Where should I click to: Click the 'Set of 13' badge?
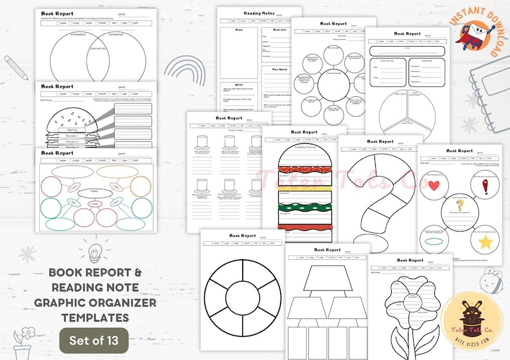tap(94, 339)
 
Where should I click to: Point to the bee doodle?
tap(486, 277)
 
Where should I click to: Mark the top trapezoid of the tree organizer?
tap(328, 278)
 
